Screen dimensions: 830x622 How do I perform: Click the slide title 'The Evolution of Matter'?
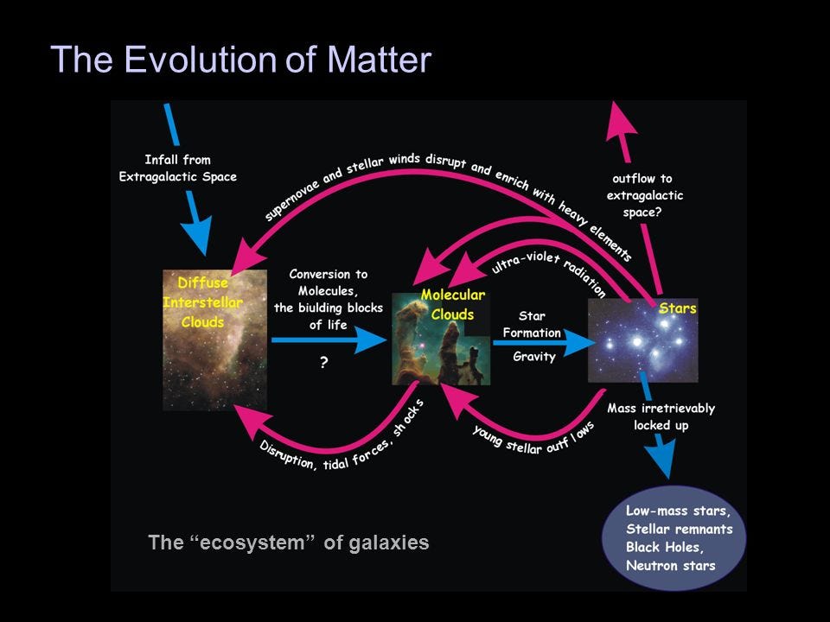pos(241,59)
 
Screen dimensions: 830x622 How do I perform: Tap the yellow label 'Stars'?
pos(677,308)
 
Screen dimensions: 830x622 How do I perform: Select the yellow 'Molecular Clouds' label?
pos(452,305)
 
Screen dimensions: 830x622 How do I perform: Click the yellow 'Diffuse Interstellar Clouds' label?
pos(202,302)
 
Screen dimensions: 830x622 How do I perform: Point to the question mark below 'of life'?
pos(323,362)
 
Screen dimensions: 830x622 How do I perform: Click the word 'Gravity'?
pos(533,357)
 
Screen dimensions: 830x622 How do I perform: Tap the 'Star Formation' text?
pos(532,324)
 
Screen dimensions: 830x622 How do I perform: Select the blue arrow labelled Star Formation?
pos(544,343)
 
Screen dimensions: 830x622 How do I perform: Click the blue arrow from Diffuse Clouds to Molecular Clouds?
pos(329,340)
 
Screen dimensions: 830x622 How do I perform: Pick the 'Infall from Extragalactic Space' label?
pos(178,168)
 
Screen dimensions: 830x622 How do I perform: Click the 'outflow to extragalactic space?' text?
pos(644,195)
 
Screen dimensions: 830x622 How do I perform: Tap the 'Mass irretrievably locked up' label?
pos(661,416)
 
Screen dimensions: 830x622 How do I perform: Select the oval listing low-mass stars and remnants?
pos(674,537)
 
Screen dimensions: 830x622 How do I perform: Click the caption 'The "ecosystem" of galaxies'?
pos(289,543)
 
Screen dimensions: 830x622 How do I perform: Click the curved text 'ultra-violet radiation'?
pos(549,272)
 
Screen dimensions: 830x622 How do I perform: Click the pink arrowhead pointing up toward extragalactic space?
pos(621,121)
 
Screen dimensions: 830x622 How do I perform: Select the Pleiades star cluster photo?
pos(642,340)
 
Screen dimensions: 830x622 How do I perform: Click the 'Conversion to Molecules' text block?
pos(329,300)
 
